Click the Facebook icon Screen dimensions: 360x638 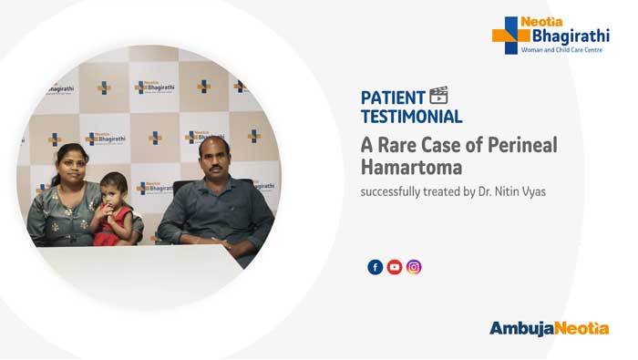375,267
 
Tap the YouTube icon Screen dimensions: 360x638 395,267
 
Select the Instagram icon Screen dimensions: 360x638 414,267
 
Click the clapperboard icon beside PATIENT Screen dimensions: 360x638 439,96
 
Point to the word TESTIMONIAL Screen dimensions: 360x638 411,117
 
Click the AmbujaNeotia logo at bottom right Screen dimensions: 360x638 548,328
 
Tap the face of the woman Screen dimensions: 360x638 71,165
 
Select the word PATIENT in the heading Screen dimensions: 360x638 393,98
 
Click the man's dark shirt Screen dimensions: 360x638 214,210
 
